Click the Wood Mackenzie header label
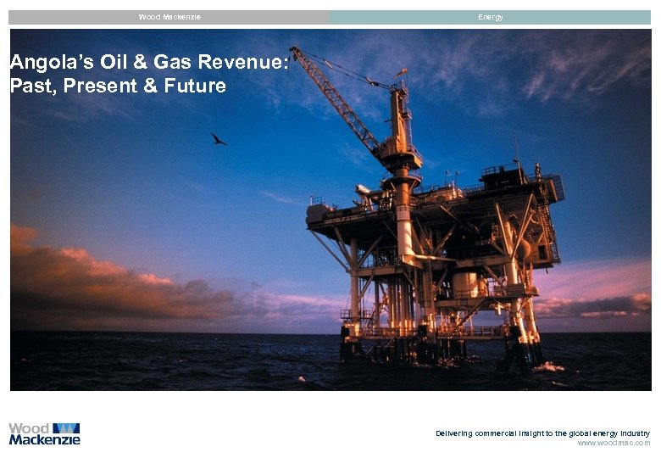[x=169, y=17]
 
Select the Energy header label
[x=491, y=17]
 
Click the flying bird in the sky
[x=218, y=139]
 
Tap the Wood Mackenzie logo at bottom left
[x=44, y=433]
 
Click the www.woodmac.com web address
[x=614, y=443]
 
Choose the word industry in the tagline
[x=635, y=433]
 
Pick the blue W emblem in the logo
[x=66, y=428]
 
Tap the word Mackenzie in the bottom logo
[x=44, y=439]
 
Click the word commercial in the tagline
[x=507, y=433]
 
